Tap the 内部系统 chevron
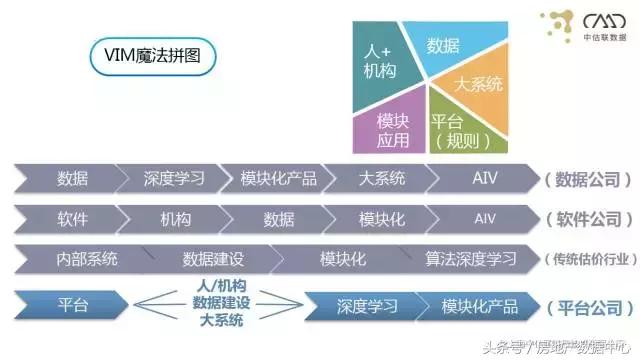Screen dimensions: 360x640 86,258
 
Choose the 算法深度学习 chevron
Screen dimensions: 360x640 470,258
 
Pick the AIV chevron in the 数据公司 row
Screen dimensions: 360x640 484,179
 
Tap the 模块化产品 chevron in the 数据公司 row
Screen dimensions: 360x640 278,179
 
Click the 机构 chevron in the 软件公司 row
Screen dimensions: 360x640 175,219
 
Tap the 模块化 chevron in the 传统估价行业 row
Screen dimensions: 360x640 342,258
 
